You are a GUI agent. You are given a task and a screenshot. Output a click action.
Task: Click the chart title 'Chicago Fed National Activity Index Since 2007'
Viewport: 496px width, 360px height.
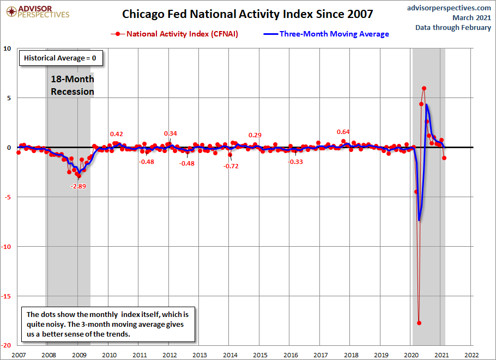247,14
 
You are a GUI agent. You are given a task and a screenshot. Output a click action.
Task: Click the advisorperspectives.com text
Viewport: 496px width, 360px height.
449,8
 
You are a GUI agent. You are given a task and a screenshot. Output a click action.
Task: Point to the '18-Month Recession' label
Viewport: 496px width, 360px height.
72,86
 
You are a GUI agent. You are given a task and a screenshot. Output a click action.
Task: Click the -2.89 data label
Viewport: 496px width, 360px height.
78,186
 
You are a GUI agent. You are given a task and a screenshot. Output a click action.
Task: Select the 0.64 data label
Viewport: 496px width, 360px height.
343,132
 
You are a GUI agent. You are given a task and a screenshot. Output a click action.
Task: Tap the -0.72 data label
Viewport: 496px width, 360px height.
231,166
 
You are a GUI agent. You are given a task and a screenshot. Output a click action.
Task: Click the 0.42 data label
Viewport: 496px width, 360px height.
117,134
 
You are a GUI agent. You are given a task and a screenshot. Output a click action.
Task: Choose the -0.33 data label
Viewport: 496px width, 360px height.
296,162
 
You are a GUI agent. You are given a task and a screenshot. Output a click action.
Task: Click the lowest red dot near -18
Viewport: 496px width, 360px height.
419,322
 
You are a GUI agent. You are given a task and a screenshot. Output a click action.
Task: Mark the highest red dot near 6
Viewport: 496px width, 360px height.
424,88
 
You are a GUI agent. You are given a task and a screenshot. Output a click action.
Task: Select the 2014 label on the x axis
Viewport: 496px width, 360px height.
229,355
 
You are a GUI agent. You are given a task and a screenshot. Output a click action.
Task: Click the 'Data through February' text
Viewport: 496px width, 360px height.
453,27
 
